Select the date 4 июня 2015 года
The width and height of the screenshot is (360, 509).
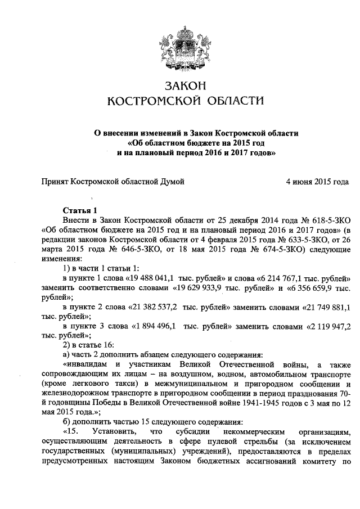click(x=317, y=182)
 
